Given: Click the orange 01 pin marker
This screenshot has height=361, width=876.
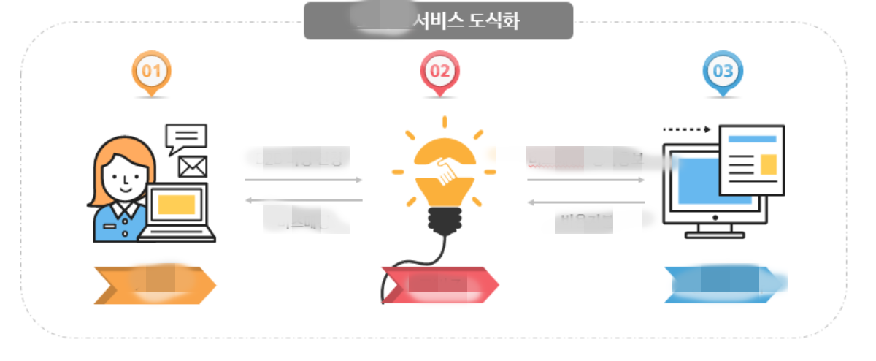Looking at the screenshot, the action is click(151, 71).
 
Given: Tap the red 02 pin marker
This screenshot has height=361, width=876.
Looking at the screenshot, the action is click(440, 71).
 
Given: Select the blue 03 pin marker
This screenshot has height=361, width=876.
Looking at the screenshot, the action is click(722, 71).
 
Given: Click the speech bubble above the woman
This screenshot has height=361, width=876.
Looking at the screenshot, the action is click(186, 137).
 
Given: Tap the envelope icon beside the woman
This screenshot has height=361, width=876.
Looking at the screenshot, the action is click(193, 167).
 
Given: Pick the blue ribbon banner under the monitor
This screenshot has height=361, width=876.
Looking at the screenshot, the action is click(723, 285).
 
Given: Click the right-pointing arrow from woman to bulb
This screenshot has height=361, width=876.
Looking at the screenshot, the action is click(304, 179).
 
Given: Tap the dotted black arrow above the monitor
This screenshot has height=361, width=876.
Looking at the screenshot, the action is click(686, 129).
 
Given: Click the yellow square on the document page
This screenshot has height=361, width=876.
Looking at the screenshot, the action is click(768, 165).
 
